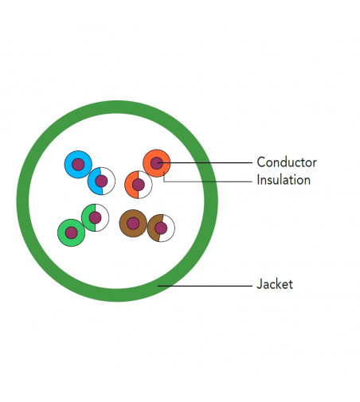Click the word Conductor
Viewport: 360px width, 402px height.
click(287, 162)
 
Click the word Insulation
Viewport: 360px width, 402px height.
click(284, 180)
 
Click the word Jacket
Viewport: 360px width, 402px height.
click(275, 284)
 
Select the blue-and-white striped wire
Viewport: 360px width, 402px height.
click(101, 181)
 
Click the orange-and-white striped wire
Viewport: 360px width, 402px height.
click(139, 185)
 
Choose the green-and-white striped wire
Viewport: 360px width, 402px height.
click(95, 217)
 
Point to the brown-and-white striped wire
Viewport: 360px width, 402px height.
click(161, 228)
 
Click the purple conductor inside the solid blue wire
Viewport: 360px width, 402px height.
click(78, 165)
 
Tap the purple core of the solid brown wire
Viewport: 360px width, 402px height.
click(133, 224)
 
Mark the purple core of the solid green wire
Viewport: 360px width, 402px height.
click(72, 233)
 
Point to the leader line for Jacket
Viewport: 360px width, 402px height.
click(205, 286)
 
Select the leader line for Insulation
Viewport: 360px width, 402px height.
click(208, 181)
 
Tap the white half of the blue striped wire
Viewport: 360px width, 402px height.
click(110, 181)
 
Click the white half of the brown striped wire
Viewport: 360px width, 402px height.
click(169, 228)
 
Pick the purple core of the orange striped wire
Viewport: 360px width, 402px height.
click(139, 185)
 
